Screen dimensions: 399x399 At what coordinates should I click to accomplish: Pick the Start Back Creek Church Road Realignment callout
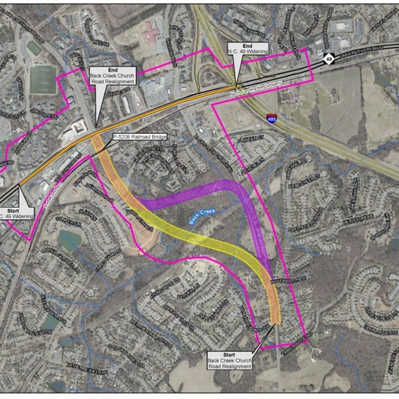coord(229,360)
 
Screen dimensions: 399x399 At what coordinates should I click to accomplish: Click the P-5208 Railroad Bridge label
coord(140,136)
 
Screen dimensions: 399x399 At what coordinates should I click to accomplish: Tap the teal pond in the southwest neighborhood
coord(68,240)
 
